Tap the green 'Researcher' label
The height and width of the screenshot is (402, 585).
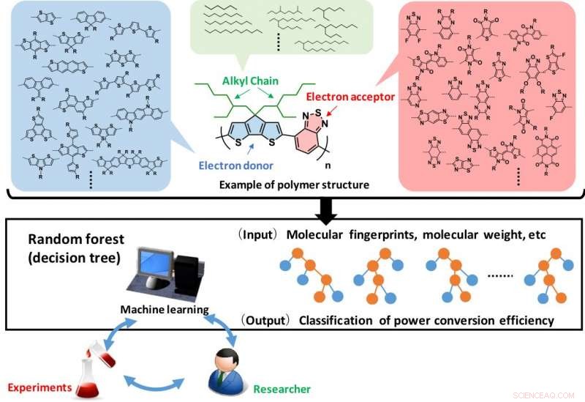tap(282, 389)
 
